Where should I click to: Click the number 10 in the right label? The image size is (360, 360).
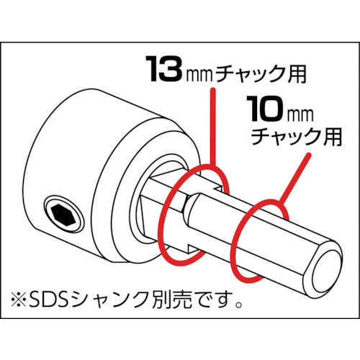[266, 108]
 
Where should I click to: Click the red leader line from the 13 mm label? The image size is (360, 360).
[212, 127]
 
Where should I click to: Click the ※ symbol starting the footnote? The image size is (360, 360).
[19, 300]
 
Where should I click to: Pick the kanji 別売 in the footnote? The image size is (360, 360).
[160, 300]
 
